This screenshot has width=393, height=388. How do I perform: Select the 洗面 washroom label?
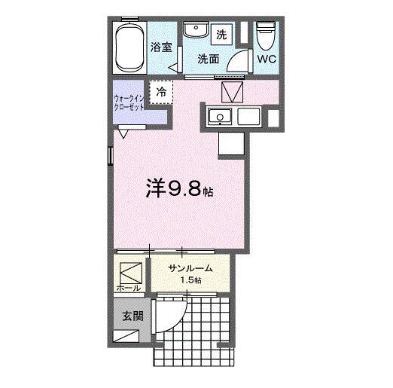pyautogui.click(x=209, y=59)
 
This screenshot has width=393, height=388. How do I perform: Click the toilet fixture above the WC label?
pyautogui.click(x=266, y=34)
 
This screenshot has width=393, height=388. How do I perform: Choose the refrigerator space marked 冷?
pyautogui.click(x=162, y=92)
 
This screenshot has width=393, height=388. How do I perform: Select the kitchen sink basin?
pyautogui.click(x=219, y=117)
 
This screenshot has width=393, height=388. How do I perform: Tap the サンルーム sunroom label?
pyautogui.click(x=190, y=269)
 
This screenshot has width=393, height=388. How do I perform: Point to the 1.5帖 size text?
pyautogui.click(x=190, y=282)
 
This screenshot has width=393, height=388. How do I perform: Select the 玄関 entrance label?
pyautogui.click(x=133, y=316)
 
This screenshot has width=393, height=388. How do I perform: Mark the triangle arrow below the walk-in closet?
pyautogui.click(x=123, y=133)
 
